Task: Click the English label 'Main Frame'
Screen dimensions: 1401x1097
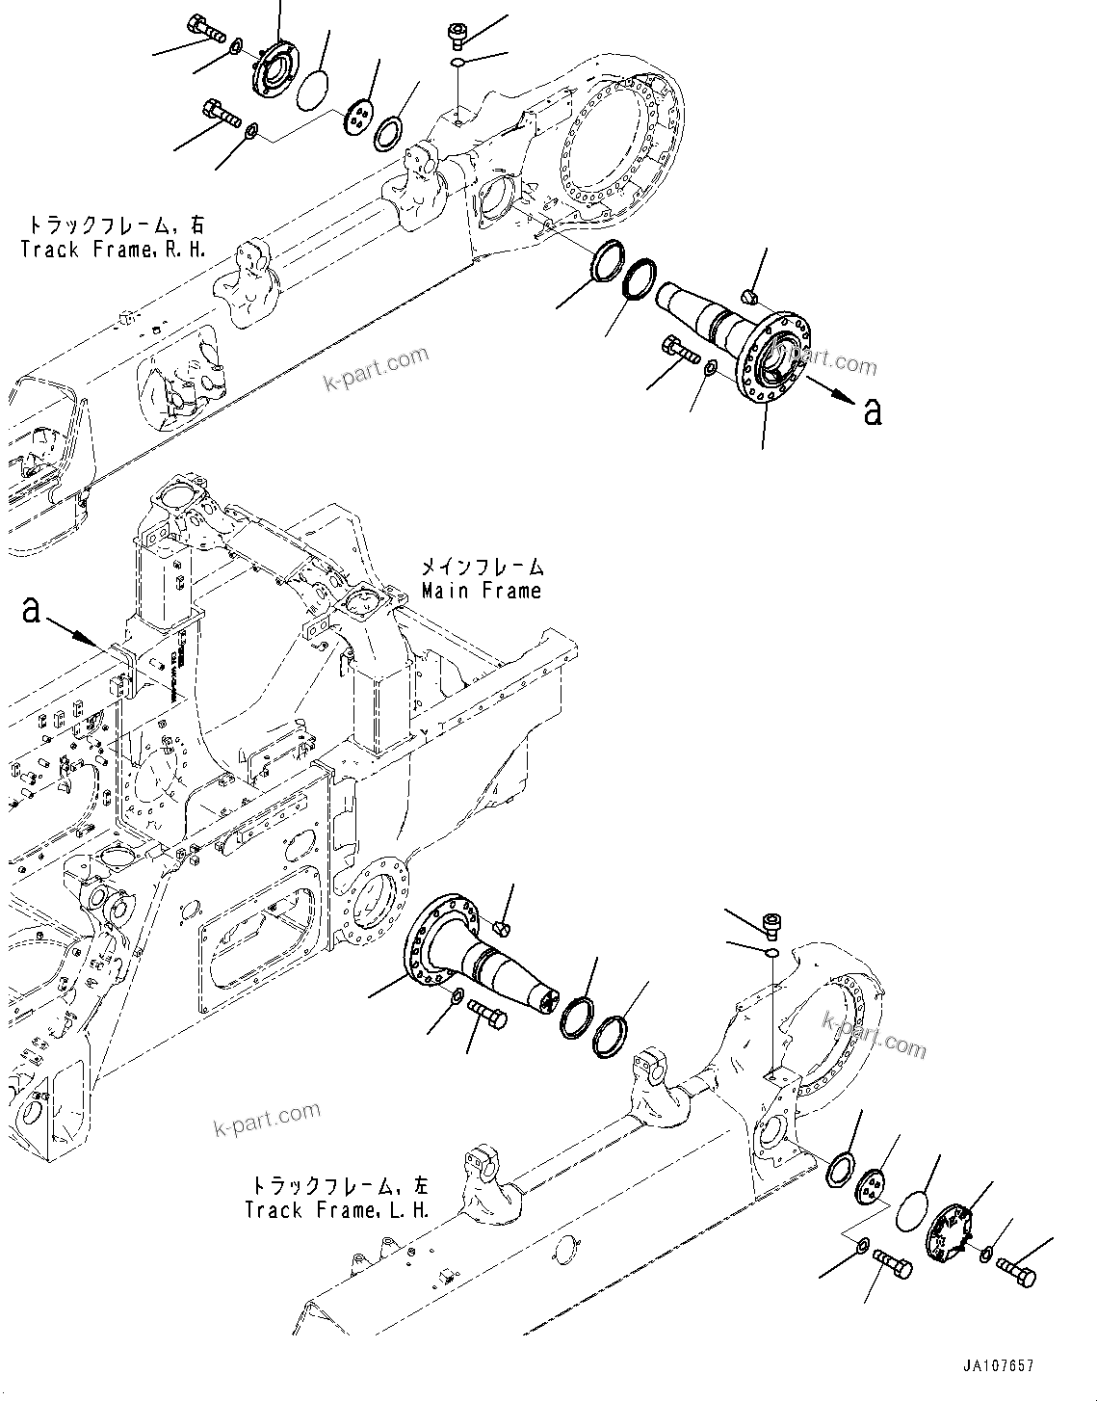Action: tap(482, 591)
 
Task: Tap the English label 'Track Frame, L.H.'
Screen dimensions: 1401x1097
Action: tap(336, 1209)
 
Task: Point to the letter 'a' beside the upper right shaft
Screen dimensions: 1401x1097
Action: tap(873, 411)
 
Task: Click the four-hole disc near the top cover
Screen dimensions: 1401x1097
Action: tap(357, 119)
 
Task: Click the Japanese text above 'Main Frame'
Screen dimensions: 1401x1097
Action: tap(482, 568)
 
